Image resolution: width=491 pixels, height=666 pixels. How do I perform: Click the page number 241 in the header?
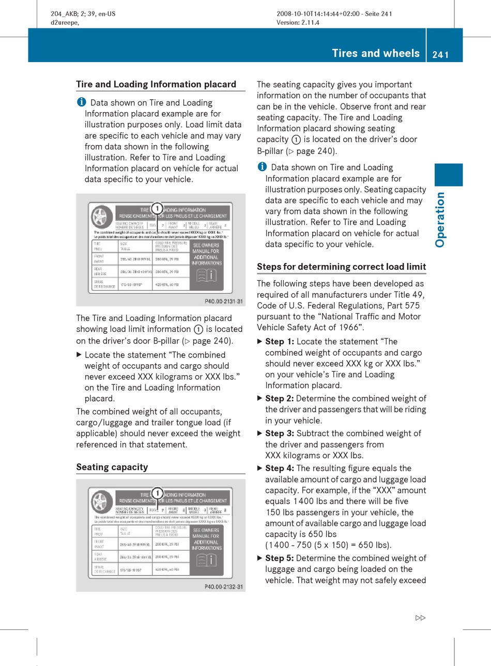click(x=440, y=54)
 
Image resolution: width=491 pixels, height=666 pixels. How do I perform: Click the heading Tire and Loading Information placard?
click(x=156, y=84)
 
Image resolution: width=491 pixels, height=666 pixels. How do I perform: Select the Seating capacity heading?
click(x=112, y=467)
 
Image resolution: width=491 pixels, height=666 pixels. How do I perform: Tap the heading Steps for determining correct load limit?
click(x=341, y=267)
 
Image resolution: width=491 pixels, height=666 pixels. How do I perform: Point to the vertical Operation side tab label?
click(x=440, y=219)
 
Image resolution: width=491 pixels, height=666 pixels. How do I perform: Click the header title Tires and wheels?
click(x=376, y=53)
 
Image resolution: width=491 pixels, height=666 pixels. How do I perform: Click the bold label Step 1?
click(x=280, y=342)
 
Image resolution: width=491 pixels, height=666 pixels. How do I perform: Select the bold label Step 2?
click(x=280, y=398)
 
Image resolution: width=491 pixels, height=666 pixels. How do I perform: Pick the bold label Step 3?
click(x=280, y=433)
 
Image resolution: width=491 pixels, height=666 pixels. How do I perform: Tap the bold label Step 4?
click(x=280, y=468)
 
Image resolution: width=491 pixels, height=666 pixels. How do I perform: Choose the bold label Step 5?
click(x=280, y=558)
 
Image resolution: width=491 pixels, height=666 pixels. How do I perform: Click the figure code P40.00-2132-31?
click(x=224, y=586)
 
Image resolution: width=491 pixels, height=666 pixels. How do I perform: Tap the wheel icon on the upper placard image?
click(x=102, y=216)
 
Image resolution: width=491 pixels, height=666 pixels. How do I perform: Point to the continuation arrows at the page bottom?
click(x=420, y=618)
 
